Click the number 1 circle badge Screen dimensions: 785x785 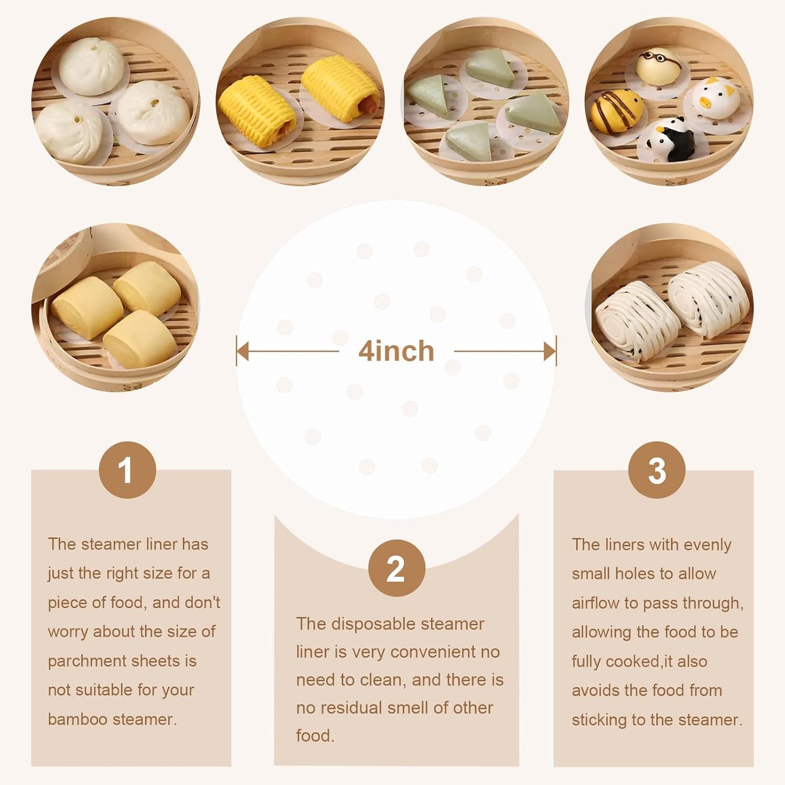(x=127, y=470)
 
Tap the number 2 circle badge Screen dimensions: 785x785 (x=396, y=568)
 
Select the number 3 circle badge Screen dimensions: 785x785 (x=656, y=470)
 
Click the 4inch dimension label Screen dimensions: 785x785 (x=396, y=351)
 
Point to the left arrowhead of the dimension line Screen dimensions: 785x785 (x=242, y=351)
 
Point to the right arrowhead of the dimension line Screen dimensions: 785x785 (x=550, y=351)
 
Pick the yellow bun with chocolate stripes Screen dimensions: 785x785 (x=617, y=111)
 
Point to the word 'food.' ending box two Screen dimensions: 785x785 (x=315, y=736)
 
